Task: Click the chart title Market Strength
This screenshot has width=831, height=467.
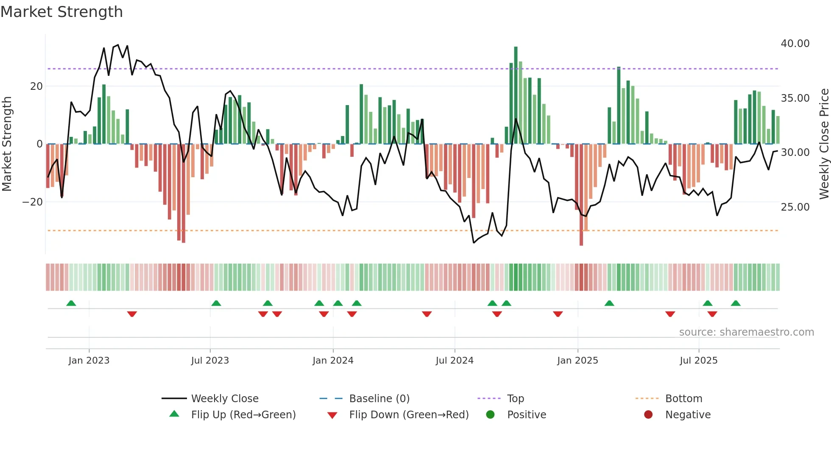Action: [x=61, y=12]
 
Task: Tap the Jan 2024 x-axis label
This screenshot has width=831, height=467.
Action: [x=333, y=361]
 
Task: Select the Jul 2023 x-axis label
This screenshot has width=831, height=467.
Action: [x=210, y=361]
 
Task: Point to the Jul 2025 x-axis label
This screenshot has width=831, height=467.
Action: [x=698, y=361]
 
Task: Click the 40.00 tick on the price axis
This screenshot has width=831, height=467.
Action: [x=795, y=44]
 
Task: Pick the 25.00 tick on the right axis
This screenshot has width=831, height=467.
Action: [x=795, y=207]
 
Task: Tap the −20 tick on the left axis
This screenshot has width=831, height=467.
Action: [x=33, y=202]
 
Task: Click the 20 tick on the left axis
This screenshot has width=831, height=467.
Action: [x=36, y=86]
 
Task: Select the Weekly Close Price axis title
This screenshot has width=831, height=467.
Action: [x=824, y=144]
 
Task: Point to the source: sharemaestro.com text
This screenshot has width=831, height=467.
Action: [x=746, y=332]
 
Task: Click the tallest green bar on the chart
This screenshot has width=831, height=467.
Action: [x=516, y=95]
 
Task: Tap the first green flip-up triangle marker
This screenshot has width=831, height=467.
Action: [x=71, y=303]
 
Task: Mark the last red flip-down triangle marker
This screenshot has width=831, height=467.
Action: [x=712, y=314]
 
